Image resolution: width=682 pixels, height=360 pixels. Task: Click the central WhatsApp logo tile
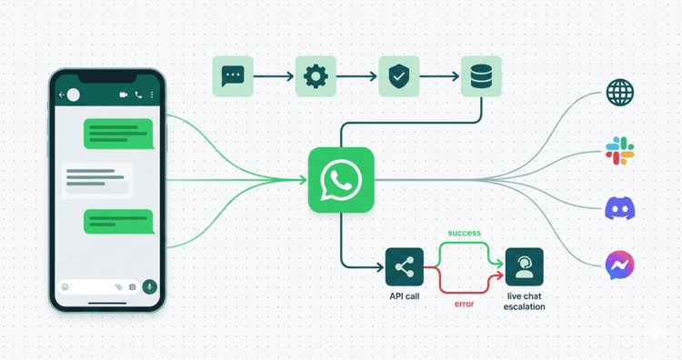tap(341, 179)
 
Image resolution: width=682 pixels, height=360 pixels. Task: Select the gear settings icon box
tap(315, 76)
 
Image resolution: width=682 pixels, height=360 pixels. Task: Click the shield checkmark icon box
tap(397, 76)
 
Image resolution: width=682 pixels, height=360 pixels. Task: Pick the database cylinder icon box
tap(480, 76)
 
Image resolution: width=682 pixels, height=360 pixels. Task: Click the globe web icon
tap(619, 93)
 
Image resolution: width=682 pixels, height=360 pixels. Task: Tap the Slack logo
tap(619, 151)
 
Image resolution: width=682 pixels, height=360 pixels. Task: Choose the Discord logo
tap(619, 208)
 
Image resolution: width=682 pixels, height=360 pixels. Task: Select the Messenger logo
tap(619, 265)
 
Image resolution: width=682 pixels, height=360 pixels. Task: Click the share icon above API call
tap(405, 267)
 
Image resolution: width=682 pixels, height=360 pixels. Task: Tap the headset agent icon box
tap(525, 267)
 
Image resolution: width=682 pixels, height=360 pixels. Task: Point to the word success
tap(465, 234)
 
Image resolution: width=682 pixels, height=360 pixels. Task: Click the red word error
tap(464, 304)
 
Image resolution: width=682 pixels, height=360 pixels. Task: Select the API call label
tap(405, 297)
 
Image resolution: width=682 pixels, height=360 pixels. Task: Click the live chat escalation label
tap(525, 302)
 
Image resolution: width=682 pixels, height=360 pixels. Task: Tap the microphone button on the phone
tap(149, 286)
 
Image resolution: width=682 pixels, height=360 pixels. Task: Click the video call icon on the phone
tap(122, 95)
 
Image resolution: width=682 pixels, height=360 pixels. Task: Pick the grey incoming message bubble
tap(96, 178)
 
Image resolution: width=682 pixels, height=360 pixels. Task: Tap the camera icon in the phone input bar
tap(133, 287)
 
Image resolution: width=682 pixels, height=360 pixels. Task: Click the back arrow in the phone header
tap(61, 95)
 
